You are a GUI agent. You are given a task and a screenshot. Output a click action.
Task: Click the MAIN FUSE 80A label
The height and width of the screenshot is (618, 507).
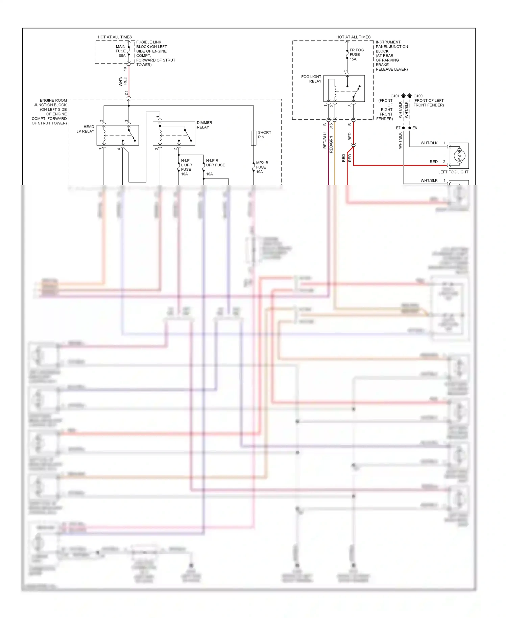pos(121,51)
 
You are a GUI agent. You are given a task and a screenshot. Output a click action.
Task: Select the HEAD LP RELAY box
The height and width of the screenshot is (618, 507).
pos(118,135)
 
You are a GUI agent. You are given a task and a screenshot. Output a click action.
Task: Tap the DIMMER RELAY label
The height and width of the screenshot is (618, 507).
pos(204,125)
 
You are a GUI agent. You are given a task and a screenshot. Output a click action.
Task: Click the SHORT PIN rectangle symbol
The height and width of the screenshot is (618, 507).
pos(254,138)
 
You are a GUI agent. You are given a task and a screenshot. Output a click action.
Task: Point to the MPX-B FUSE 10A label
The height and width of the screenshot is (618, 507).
pos(262,167)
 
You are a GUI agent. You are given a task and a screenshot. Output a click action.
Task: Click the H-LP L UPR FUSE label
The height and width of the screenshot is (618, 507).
pos(186,167)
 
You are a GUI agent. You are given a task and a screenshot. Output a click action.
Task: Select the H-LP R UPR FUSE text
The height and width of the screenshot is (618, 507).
pos(215,163)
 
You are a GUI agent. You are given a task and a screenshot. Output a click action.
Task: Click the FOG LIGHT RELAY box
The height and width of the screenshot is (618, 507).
pos(344,89)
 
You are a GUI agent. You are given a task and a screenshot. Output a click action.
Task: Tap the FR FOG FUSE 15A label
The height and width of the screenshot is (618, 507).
pos(356,54)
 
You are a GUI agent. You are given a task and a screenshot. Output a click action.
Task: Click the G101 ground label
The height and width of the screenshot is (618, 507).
pos(394,96)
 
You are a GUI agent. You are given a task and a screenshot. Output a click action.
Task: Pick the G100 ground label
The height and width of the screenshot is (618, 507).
pos(418,96)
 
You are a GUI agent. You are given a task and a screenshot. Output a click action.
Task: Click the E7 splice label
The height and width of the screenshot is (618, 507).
pos(398,128)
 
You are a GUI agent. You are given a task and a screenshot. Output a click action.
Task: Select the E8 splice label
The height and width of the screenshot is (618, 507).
pos(415,128)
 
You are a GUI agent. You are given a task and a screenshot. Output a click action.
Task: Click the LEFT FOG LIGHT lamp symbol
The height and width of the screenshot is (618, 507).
pos(459,156)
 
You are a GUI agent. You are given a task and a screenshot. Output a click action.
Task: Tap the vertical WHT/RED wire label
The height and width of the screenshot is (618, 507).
pos(123,81)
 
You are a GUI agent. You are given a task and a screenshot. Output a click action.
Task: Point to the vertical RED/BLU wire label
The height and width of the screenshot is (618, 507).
pos(325,140)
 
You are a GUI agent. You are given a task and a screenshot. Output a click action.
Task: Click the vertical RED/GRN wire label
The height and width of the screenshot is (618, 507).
pos(331,144)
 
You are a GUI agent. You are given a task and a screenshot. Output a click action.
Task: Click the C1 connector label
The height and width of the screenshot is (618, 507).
pos(127,93)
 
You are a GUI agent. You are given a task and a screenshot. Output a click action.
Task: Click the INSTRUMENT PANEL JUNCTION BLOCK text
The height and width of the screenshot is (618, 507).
pos(391,56)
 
